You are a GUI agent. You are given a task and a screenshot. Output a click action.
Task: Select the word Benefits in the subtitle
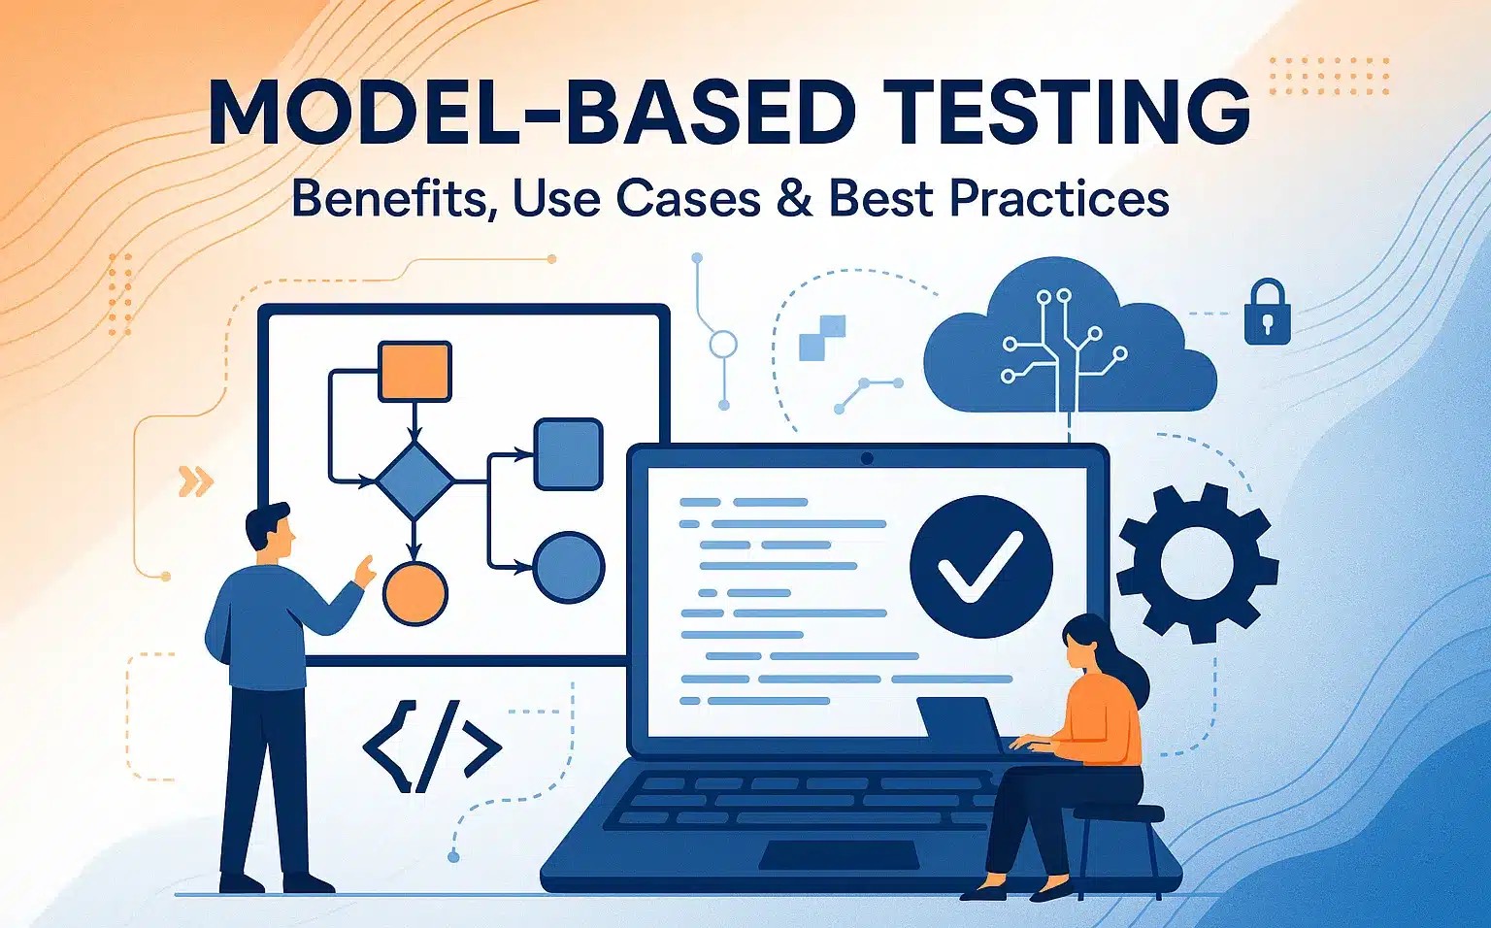pyautogui.click(x=388, y=198)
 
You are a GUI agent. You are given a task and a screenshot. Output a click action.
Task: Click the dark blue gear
pyautogui.click(x=1198, y=563)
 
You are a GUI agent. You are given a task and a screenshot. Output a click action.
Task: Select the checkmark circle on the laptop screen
pyautogui.click(x=981, y=567)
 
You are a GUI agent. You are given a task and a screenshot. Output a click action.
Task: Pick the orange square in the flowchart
pyautogui.click(x=414, y=372)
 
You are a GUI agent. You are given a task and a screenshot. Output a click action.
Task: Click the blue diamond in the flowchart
pyautogui.click(x=414, y=480)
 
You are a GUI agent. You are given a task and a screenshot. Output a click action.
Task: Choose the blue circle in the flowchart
pyautogui.click(x=569, y=567)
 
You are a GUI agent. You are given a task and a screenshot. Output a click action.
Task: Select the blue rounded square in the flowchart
pyautogui.click(x=569, y=454)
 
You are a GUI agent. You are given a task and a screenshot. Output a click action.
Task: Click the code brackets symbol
pyautogui.click(x=432, y=746)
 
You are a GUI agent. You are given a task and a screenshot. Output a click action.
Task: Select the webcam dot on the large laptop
pyautogui.click(x=867, y=459)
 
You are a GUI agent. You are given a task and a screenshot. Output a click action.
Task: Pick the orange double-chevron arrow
pyautogui.click(x=196, y=481)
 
